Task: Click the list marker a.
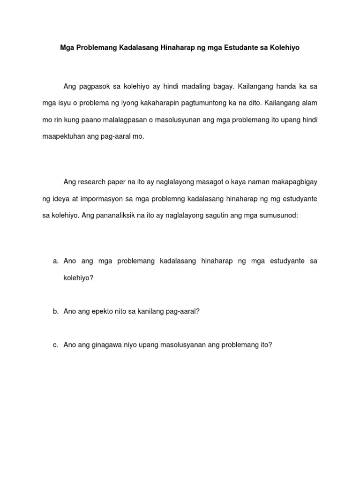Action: pos(55,261)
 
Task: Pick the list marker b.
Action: pos(55,311)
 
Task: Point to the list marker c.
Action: pos(55,345)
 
